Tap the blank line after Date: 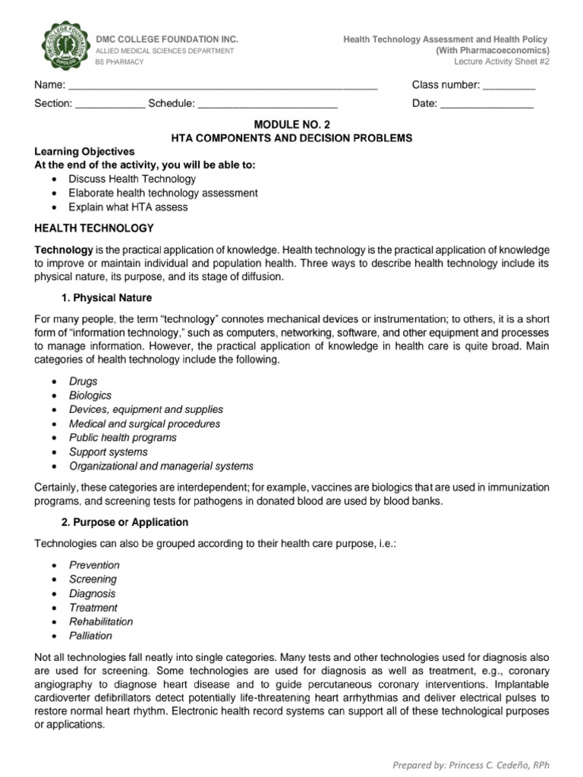pyautogui.click(x=487, y=104)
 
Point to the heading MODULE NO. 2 pyautogui.click(x=291, y=124)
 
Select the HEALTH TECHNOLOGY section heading pyautogui.click(x=94, y=228)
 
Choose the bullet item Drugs pyautogui.click(x=84, y=382)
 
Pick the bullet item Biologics pyautogui.click(x=90, y=395)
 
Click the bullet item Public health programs pyautogui.click(x=123, y=438)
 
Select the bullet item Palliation pyautogui.click(x=90, y=636)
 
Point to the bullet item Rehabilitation pyautogui.click(x=101, y=621)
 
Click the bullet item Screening pyautogui.click(x=93, y=579)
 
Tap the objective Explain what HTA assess pyautogui.click(x=128, y=206)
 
